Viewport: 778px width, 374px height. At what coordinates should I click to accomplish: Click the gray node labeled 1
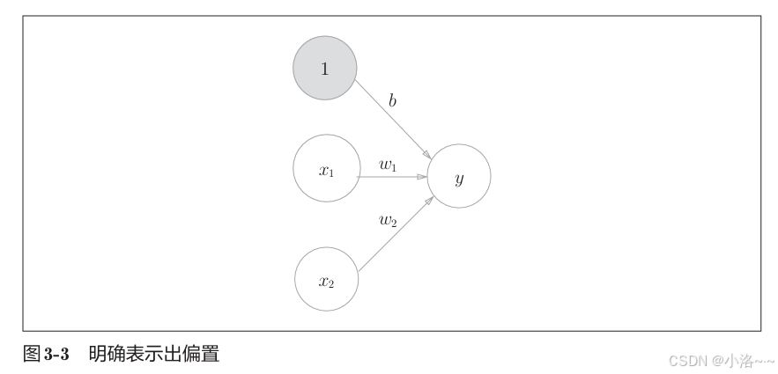(x=324, y=68)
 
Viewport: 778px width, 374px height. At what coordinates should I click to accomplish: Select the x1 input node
(x=325, y=171)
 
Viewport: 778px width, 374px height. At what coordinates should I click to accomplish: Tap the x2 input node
(x=325, y=280)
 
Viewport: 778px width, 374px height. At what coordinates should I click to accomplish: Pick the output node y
(x=458, y=177)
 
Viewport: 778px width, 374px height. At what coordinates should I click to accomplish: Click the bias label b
(x=392, y=101)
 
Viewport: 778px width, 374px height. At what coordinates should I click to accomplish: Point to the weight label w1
(x=388, y=164)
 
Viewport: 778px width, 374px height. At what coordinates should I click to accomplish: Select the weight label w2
(x=388, y=220)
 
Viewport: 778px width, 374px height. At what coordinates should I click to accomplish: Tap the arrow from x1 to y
(x=391, y=177)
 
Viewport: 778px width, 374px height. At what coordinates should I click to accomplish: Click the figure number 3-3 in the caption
(x=57, y=355)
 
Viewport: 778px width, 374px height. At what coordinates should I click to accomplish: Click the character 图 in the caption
(x=31, y=355)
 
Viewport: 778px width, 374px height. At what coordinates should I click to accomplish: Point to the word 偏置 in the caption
(x=200, y=355)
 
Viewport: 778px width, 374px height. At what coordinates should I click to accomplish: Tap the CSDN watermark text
(x=689, y=360)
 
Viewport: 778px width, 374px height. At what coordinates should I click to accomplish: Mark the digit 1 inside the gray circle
(x=324, y=69)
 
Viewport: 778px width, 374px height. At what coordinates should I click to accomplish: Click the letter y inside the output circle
(x=458, y=179)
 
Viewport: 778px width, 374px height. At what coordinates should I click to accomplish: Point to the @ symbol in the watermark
(x=717, y=360)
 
